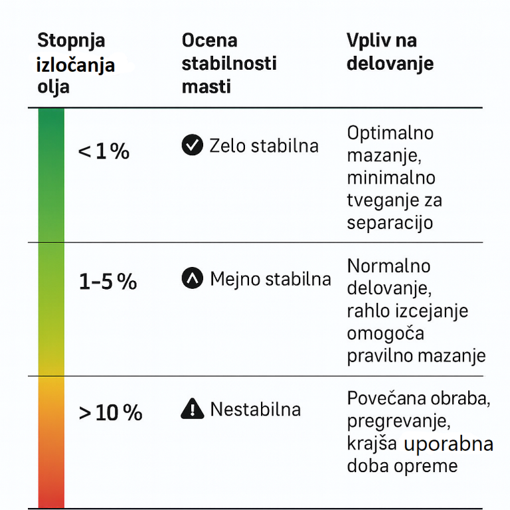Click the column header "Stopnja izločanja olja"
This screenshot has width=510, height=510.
click(x=75, y=63)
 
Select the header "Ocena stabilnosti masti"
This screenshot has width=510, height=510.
click(x=228, y=63)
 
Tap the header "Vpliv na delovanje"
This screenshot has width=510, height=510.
click(x=390, y=52)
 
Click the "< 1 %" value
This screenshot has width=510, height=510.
click(x=104, y=152)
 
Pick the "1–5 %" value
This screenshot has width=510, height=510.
click(x=108, y=282)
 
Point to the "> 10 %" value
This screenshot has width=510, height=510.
click(x=110, y=413)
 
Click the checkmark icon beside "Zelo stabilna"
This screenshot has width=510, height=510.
click(x=192, y=145)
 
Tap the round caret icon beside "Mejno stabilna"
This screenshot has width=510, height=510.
click(x=192, y=278)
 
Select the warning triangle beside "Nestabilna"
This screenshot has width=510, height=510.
click(x=192, y=409)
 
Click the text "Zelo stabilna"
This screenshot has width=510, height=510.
click(x=264, y=145)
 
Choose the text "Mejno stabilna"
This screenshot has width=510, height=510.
click(x=270, y=279)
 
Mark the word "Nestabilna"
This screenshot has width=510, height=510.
click(x=255, y=409)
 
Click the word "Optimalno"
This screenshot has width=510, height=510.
click(x=390, y=133)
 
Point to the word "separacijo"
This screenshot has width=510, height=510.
click(x=390, y=222)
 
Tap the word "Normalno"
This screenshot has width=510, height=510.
click(x=389, y=266)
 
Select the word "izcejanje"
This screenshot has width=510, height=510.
click(x=434, y=311)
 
